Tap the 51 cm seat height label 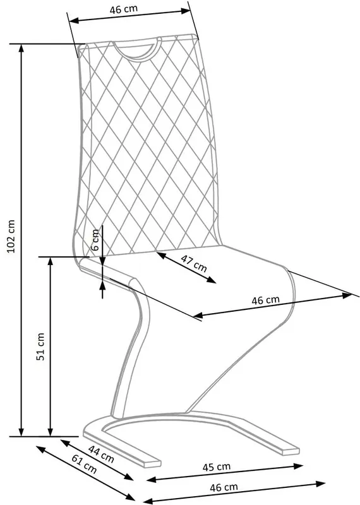[x=40, y=347]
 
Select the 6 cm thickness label [x=95, y=240]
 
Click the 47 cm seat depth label [x=193, y=263]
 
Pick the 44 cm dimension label [x=101, y=454]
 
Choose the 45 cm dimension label [x=216, y=466]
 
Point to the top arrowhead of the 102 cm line [x=21, y=49]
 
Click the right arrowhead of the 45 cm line [x=299, y=466]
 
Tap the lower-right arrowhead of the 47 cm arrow [x=212, y=280]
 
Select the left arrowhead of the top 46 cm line [x=74, y=21]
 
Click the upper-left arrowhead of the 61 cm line [x=40, y=449]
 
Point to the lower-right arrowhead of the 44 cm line [x=129, y=477]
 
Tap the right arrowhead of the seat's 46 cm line [x=347, y=295]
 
